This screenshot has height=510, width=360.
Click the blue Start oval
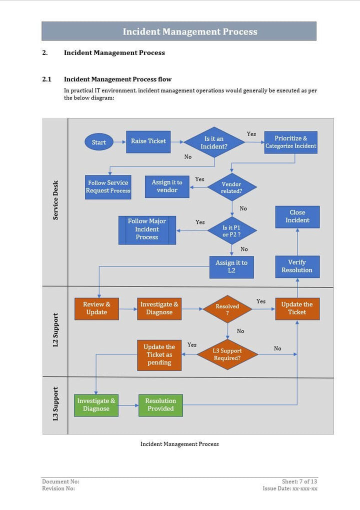pos(99,142)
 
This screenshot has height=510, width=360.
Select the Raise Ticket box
pos(148,141)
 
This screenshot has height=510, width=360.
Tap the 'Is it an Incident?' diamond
pos(214,142)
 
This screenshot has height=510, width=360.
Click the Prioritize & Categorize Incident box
pos(290,142)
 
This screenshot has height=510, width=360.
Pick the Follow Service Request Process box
pos(108,186)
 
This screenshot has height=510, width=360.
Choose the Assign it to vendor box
pos(167,186)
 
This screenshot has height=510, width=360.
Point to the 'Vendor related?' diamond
pos(231,187)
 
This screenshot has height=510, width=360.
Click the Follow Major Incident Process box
pos(147,229)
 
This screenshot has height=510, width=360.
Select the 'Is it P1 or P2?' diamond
pos(231,230)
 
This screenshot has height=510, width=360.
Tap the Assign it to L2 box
pos(231,266)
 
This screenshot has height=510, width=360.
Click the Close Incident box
pos(297,216)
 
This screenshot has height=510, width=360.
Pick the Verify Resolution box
pos(297,266)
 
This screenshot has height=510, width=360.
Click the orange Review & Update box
pos(96,308)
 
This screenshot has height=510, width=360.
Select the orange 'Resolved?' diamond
pos(227,309)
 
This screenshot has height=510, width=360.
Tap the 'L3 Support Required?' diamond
pos(227,354)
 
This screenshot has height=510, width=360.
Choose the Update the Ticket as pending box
pos(159,354)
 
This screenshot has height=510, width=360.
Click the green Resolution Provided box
pos(160,404)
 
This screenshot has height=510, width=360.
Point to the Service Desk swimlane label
pos(55,200)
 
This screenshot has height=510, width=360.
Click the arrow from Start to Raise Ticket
pos(119,142)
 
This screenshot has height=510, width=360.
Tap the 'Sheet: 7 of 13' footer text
pos(299,481)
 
